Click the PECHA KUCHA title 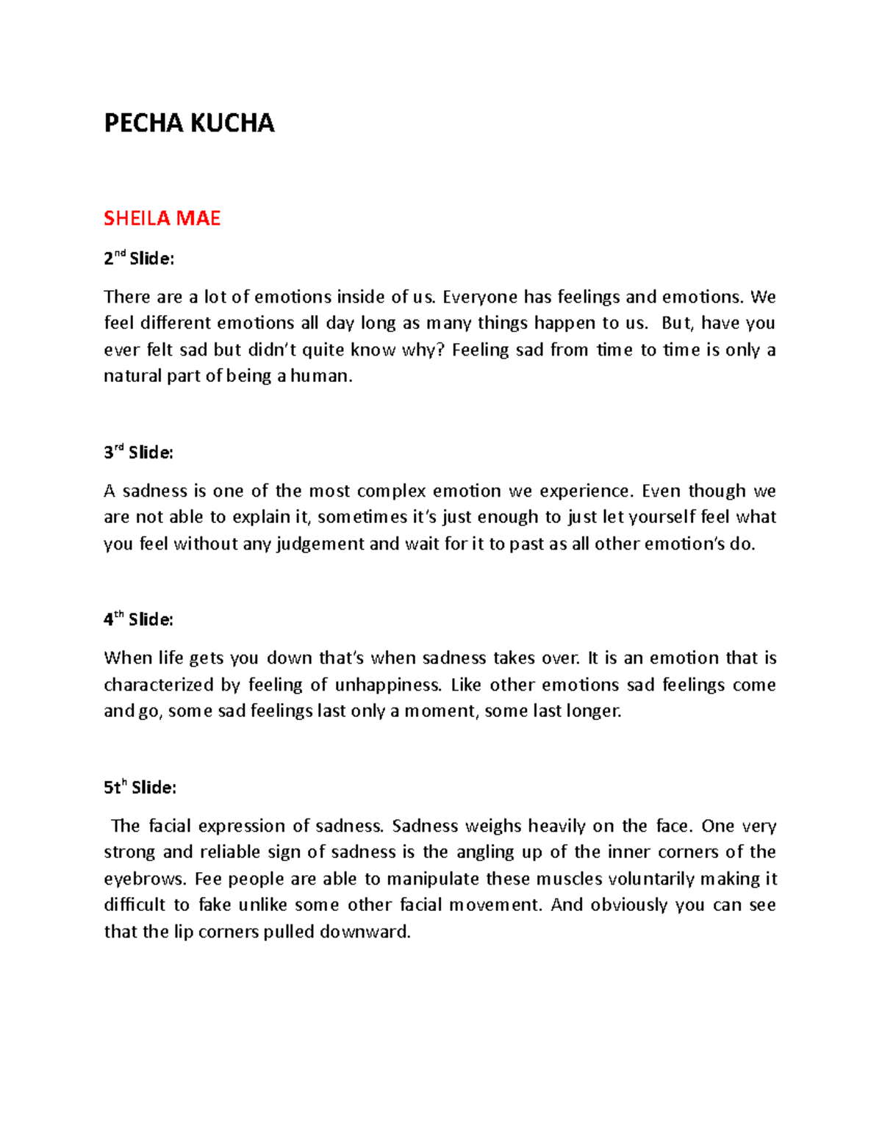(189, 123)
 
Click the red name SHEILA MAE (162, 218)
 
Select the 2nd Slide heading (139, 259)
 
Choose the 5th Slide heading (140, 788)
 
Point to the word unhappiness (388, 685)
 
